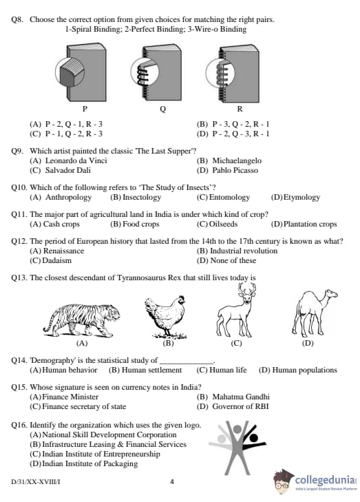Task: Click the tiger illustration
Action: pyautogui.click(x=82, y=320)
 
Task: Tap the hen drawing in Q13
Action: pyautogui.click(x=165, y=317)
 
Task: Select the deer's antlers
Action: pyautogui.click(x=246, y=289)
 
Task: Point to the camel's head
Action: pyautogui.click(x=329, y=294)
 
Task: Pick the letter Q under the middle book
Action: pyautogui.click(x=162, y=109)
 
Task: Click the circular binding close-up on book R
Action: pyautogui.click(x=220, y=73)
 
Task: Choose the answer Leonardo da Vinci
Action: pyautogui.click(x=76, y=160)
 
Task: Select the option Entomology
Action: pyautogui.click(x=229, y=197)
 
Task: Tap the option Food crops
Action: pyautogui.click(x=141, y=224)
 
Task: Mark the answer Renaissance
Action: pyautogui.click(x=63, y=251)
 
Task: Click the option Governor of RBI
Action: pyautogui.click(x=240, y=406)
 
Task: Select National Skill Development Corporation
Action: pyautogui.click(x=109, y=435)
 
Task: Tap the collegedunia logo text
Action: pyautogui.click(x=325, y=480)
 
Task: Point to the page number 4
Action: pyautogui.click(x=172, y=481)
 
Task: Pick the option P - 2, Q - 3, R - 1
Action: pyautogui.click(x=241, y=134)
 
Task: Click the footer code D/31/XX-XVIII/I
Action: pyautogui.click(x=36, y=482)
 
